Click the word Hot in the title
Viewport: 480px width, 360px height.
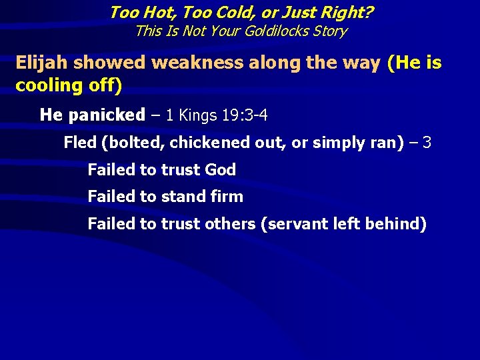click(x=155, y=12)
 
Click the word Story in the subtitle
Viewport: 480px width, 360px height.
click(x=329, y=31)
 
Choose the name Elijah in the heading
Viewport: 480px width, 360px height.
click(x=42, y=63)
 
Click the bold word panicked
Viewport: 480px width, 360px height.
click(x=105, y=115)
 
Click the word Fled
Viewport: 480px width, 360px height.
click(x=79, y=143)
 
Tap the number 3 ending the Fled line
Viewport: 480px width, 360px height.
click(x=427, y=143)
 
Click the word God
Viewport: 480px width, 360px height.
click(x=220, y=170)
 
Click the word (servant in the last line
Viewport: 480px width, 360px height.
click(x=294, y=224)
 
